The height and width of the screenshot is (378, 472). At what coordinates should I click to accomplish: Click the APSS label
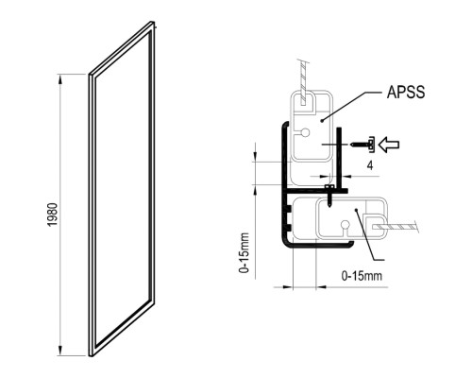406,92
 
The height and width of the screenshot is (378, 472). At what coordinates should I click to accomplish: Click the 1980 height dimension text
53,215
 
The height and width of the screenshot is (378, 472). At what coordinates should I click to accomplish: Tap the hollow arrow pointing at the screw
389,145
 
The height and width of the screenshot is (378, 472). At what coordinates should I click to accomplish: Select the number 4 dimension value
370,165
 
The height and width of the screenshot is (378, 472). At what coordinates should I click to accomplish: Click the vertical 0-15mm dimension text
244,253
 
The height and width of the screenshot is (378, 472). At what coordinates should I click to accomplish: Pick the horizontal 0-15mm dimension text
362,276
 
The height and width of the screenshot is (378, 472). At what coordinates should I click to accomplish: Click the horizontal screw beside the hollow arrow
362,145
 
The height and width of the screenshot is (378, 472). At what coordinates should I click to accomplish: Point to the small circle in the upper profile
305,132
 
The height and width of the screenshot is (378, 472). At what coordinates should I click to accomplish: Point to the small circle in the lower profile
346,225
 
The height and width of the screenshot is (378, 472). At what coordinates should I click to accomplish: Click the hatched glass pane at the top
303,83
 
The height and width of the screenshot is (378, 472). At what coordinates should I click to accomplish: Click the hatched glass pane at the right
396,227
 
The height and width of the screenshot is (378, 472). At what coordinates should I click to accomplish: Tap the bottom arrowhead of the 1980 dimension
60,351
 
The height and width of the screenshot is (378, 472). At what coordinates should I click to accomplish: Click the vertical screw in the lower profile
329,196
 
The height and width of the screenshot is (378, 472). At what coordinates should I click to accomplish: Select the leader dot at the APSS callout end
321,120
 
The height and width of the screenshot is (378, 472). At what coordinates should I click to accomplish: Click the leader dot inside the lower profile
356,210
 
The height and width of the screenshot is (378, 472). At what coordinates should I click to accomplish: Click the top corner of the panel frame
153,22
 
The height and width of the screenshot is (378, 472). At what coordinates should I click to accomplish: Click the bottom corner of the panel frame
91,355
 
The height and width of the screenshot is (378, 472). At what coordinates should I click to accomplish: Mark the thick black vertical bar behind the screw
339,157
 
